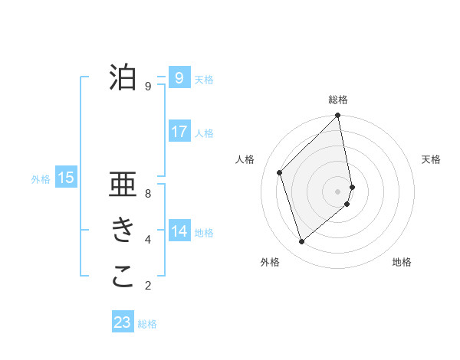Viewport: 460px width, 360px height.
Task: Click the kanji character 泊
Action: pyautogui.click(x=123, y=77)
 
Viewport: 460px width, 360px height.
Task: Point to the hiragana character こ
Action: pyautogui.click(x=123, y=277)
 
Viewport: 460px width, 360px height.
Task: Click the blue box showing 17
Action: pyautogui.click(x=179, y=132)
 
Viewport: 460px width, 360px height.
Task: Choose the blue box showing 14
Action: pyautogui.click(x=179, y=231)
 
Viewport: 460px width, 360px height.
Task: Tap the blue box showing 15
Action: pyautogui.click(x=66, y=178)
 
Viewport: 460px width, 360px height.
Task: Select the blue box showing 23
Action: pyautogui.click(x=123, y=322)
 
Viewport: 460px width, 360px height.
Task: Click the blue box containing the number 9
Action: pyautogui.click(x=179, y=78)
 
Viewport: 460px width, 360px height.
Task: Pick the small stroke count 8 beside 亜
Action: pyautogui.click(x=148, y=194)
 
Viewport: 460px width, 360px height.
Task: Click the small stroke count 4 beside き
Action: pyautogui.click(x=148, y=240)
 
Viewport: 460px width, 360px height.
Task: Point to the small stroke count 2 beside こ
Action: pyautogui.click(x=148, y=286)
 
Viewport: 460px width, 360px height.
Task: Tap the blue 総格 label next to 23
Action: pyautogui.click(x=147, y=324)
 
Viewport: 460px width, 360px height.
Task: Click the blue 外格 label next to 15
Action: pyautogui.click(x=41, y=179)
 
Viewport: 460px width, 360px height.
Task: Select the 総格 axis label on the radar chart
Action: pyautogui.click(x=338, y=100)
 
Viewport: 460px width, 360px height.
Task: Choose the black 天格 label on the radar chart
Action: pyautogui.click(x=431, y=159)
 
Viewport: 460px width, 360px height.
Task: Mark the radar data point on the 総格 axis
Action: pyautogui.click(x=338, y=116)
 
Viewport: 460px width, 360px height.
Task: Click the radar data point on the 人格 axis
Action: pyautogui.click(x=280, y=172)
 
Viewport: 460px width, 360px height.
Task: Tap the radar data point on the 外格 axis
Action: pyautogui.click(x=302, y=241)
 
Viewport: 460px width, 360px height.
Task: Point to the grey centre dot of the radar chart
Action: pyautogui.click(x=338, y=191)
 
